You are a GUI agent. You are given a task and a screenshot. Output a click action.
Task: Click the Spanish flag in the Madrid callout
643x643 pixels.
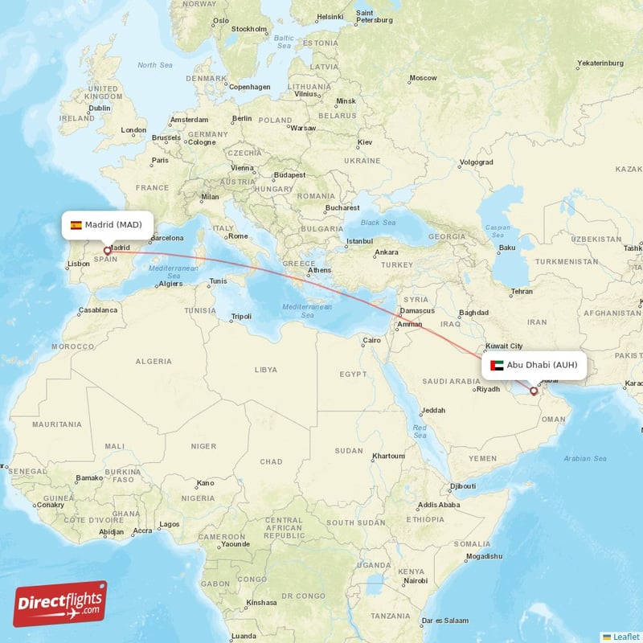(x=76, y=225)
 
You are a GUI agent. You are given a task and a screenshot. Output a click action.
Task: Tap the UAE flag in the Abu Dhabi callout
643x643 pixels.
(x=497, y=365)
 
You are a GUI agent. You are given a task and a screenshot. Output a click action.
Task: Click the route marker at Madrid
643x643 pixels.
(x=107, y=251)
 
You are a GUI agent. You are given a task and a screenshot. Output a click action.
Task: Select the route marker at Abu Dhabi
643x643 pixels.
(x=534, y=391)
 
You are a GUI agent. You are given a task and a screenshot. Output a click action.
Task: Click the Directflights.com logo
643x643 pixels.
(x=60, y=604)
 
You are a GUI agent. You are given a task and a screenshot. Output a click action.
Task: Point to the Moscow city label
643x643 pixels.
(x=423, y=78)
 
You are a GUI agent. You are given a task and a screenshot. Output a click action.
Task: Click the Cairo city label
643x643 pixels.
(x=372, y=340)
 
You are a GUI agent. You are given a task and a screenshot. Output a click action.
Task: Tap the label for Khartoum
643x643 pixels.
(x=388, y=456)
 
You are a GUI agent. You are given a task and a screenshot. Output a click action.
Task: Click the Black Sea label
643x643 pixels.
(x=378, y=223)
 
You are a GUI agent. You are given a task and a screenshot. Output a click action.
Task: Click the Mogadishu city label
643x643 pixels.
(x=482, y=556)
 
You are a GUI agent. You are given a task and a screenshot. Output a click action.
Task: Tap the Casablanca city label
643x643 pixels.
(x=98, y=309)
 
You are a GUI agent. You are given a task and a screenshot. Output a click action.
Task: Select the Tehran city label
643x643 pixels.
(x=522, y=291)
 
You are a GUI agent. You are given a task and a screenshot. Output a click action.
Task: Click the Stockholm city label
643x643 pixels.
(x=248, y=29)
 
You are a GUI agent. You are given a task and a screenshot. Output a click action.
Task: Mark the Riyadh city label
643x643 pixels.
(x=489, y=389)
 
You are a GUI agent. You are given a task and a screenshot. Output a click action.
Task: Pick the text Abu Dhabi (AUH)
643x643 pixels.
(x=542, y=365)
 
